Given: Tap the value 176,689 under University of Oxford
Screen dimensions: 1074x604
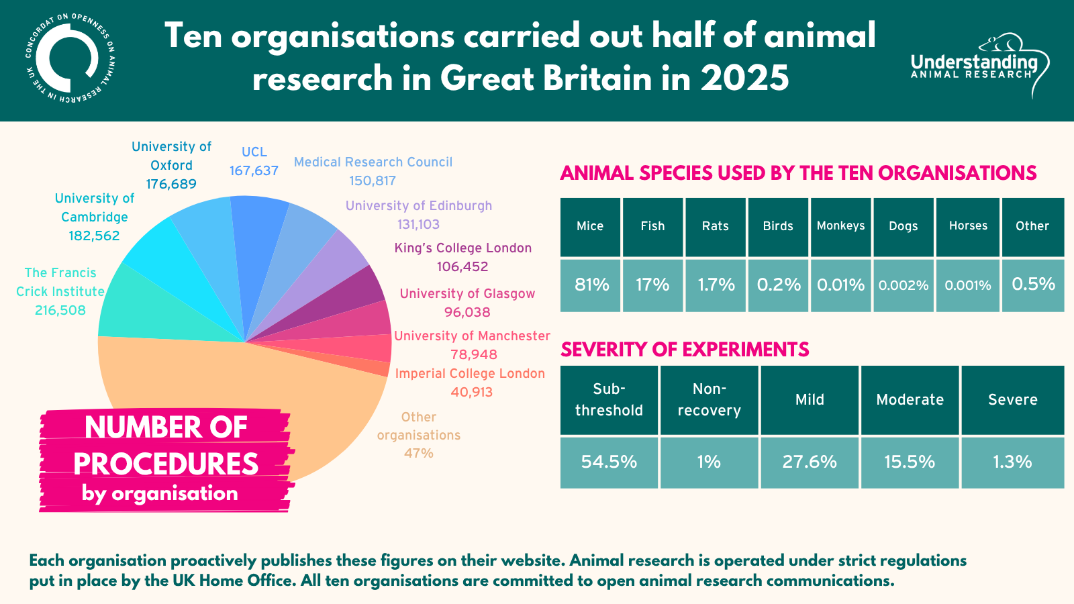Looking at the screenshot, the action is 171,184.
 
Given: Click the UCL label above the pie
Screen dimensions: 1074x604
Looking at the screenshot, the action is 254,152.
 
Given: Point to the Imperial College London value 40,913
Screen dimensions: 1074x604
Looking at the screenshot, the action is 471,392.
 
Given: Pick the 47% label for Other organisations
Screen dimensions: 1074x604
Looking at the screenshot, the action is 419,453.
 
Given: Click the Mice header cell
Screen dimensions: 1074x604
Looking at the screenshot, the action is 590,227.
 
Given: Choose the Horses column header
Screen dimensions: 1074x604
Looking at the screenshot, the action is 968,227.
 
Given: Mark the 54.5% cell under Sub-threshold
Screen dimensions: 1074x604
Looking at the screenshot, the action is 609,462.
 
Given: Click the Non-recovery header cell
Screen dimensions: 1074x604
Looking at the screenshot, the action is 709,400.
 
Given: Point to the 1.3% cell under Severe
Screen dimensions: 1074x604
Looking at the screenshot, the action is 1013,462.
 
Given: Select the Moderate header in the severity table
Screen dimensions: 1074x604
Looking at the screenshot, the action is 910,400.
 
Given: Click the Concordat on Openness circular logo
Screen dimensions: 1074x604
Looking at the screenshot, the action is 70,58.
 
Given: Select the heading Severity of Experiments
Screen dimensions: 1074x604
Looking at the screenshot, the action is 685,350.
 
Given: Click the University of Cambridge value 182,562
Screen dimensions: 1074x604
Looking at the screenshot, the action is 94,236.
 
